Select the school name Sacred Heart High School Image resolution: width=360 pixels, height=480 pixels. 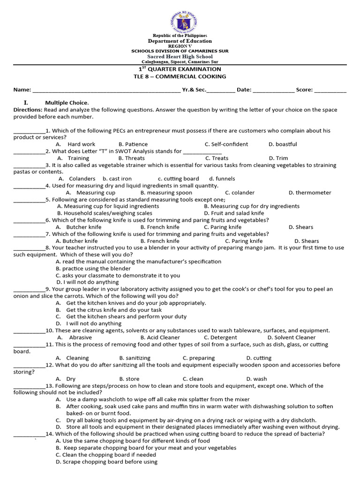click(180, 57)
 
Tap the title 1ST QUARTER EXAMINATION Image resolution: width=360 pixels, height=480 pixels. click(180, 69)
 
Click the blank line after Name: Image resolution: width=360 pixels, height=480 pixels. click(106, 90)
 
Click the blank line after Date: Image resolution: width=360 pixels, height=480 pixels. click(273, 90)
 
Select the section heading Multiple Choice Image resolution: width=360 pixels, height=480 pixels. click(67, 103)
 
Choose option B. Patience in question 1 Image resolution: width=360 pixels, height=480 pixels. click(133, 144)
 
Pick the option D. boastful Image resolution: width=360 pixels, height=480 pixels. click(283, 144)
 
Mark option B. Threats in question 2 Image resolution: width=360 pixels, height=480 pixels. click(132, 158)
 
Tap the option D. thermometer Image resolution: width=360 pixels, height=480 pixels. click(310, 193)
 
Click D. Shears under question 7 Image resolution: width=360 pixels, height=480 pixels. click(307, 241)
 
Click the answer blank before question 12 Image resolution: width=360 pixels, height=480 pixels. click(29, 365)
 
